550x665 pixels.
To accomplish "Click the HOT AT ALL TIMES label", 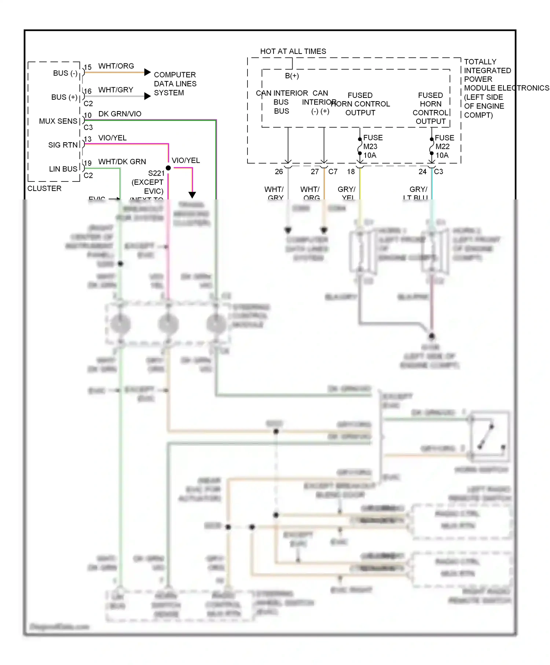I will pos(293,51).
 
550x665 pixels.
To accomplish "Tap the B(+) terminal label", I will pos(292,76).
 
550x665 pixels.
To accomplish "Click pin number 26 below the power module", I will pos(279,172).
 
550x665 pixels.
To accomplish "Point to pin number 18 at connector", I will pos(351,172).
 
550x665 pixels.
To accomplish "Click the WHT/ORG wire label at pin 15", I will pos(116,66).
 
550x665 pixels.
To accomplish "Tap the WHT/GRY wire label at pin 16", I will pos(115,90).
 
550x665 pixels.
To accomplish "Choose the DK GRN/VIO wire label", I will pos(120,114).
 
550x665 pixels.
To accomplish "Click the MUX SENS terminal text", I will pos(58,121).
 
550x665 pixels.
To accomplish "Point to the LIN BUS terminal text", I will pos(63,169).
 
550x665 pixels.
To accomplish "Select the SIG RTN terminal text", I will pos(63,145).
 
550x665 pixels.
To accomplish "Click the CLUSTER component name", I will pos(44,188).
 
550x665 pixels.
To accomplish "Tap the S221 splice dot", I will pos(168,168).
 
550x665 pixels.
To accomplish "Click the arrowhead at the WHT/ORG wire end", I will pos(147,72).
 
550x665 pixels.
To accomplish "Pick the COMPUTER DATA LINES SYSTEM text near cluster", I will pos(175,84).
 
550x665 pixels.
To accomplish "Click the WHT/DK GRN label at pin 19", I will pos(122,162).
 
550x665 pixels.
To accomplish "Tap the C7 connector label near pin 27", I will pos(333,172).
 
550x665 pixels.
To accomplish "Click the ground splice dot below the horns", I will pos(432,336).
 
